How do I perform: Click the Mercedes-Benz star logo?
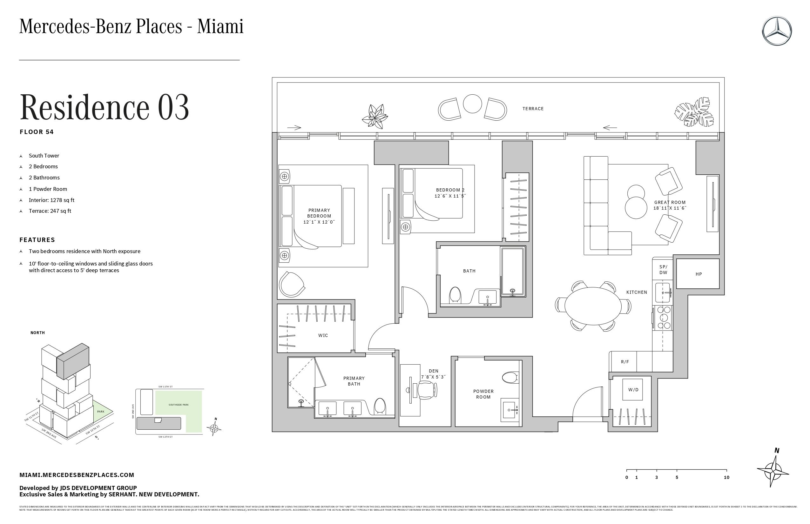pos(777,31)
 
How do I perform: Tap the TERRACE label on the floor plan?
pos(533,109)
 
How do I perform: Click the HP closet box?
pos(698,274)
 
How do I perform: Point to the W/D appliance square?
pos(633,390)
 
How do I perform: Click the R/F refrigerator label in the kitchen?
pos(625,362)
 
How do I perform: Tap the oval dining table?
pos(592,306)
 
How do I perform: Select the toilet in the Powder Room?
pos(510,377)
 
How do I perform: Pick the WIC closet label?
pos(323,335)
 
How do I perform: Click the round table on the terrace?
pos(472,104)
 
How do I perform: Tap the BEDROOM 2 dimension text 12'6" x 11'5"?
pos(450,196)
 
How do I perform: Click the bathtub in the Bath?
pos(513,271)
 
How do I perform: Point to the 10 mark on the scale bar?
pos(726,477)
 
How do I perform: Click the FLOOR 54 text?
pos(37,132)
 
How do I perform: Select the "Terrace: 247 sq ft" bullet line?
pos(50,211)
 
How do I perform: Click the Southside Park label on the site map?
pos(178,405)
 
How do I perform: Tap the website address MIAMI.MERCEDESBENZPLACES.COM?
pos(77,475)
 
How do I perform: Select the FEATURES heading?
pos(37,240)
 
